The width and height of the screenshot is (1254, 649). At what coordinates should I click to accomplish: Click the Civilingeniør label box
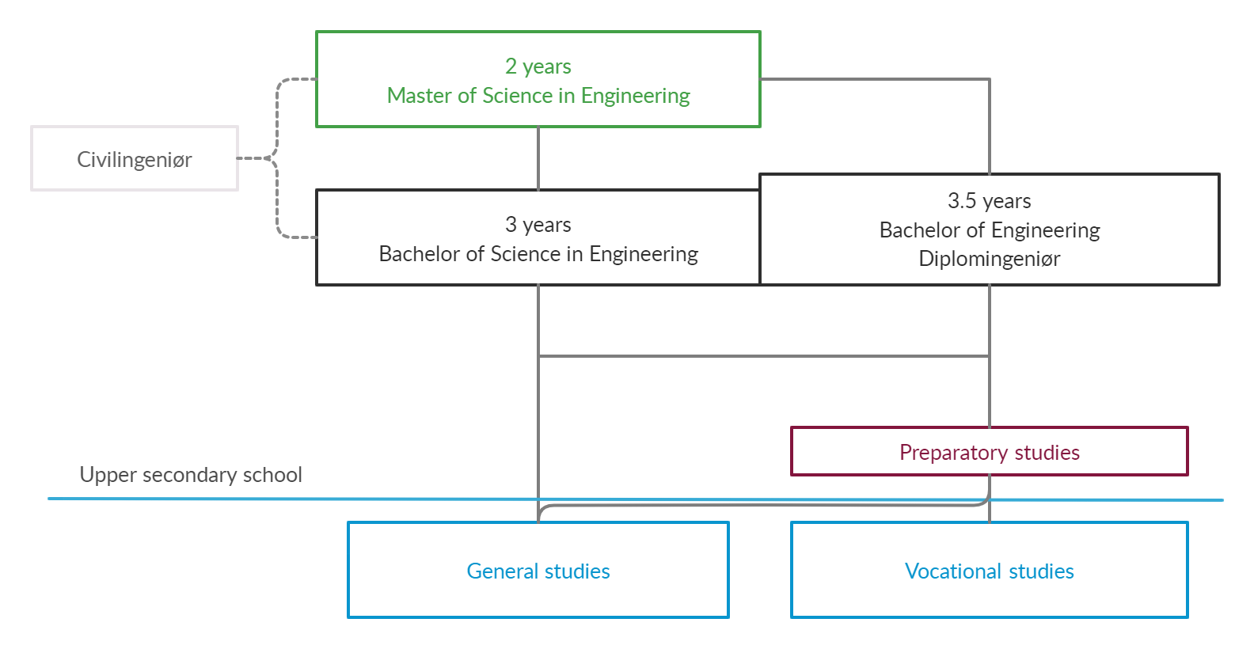click(135, 159)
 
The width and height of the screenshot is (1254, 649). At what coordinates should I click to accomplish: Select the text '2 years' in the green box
click(538, 66)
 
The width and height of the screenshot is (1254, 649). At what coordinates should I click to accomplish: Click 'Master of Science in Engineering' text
click(538, 96)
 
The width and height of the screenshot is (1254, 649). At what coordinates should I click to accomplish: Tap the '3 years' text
click(538, 225)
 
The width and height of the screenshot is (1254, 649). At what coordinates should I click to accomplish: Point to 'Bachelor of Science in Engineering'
click(538, 254)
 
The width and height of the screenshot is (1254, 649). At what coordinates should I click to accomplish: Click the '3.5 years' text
click(989, 201)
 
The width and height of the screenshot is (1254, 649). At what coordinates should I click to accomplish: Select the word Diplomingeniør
click(989, 259)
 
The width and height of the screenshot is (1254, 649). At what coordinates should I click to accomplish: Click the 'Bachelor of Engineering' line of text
click(989, 230)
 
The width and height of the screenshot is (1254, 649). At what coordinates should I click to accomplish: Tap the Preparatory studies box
click(989, 452)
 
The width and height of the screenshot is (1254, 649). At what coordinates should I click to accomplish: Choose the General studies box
click(538, 571)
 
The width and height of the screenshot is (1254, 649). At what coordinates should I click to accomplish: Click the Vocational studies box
click(989, 571)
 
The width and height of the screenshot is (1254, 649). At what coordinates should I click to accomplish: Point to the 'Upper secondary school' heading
click(191, 475)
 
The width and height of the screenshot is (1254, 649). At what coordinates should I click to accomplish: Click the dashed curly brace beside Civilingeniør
click(277, 158)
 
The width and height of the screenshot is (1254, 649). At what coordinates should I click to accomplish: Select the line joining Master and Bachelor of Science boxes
click(538, 158)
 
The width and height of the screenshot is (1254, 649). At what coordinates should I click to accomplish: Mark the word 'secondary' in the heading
click(189, 475)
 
